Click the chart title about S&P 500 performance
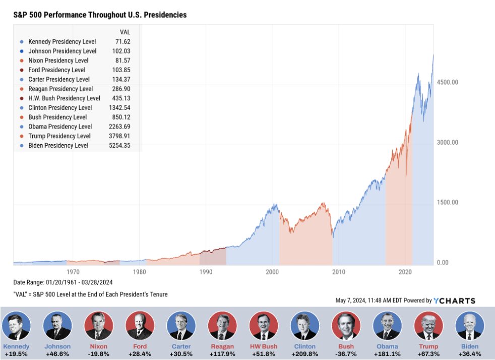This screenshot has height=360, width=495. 100,15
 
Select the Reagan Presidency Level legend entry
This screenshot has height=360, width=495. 60,89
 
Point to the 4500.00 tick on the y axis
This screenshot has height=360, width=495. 447,82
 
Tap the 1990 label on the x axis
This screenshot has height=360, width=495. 206,272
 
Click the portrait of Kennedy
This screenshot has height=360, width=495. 16,325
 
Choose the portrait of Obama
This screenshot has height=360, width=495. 387,325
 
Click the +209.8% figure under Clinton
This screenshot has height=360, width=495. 305,354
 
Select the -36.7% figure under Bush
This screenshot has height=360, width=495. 346,354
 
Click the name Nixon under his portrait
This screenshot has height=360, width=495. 99,347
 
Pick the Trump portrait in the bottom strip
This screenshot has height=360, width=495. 428,325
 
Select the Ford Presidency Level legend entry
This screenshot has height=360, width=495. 56,70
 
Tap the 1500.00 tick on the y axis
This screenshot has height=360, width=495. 447,203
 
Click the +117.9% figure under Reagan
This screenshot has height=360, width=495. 222,354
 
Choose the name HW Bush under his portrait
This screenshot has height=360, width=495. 264,347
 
